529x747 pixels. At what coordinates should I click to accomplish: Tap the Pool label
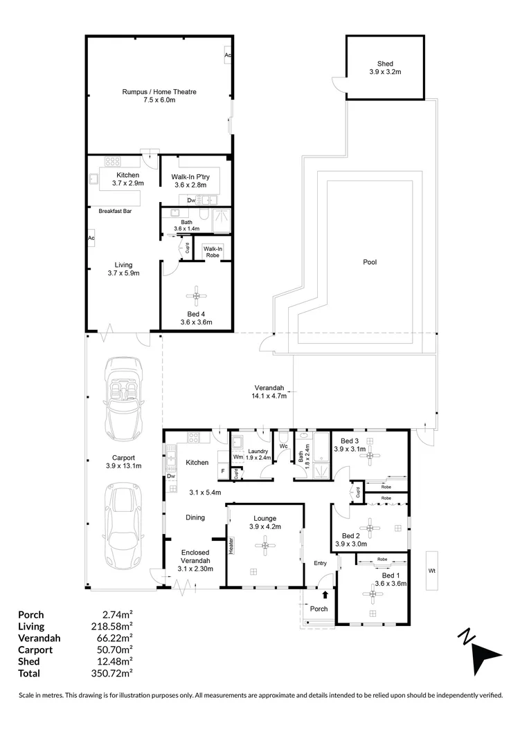(370, 262)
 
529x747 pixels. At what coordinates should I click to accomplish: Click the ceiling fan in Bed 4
(197, 297)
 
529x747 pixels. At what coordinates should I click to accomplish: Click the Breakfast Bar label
(115, 211)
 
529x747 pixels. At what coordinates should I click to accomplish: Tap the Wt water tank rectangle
(431, 570)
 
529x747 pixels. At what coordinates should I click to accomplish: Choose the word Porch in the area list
(31, 614)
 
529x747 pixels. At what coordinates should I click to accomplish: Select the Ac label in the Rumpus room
(227, 55)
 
